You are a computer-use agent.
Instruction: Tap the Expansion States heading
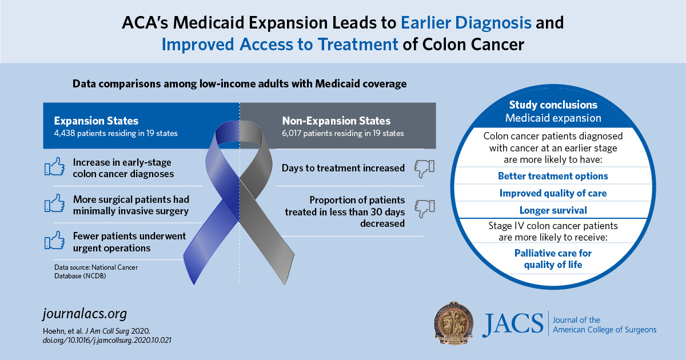(96, 121)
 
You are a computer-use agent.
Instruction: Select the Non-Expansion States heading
(336, 121)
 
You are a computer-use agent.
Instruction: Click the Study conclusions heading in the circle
(553, 105)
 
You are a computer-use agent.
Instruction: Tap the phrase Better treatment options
(553, 175)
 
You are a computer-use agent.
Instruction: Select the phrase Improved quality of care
(553, 193)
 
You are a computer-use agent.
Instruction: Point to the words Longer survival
(553, 210)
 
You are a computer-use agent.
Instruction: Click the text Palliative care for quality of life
(553, 258)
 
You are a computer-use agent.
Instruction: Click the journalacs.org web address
(85, 314)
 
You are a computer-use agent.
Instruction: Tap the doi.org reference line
(107, 339)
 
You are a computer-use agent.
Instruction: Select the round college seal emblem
(454, 323)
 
